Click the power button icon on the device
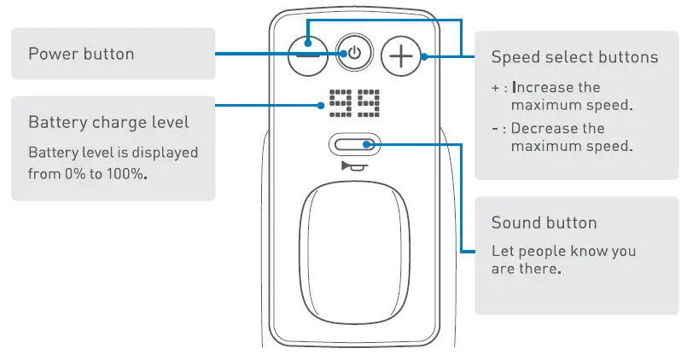353,54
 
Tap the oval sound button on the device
352,146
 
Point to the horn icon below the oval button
352,165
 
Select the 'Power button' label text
81,55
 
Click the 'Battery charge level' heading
108,122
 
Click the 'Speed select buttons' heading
574,57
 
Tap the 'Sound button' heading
544,223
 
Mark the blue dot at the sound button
374,145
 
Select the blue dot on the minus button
306,45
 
